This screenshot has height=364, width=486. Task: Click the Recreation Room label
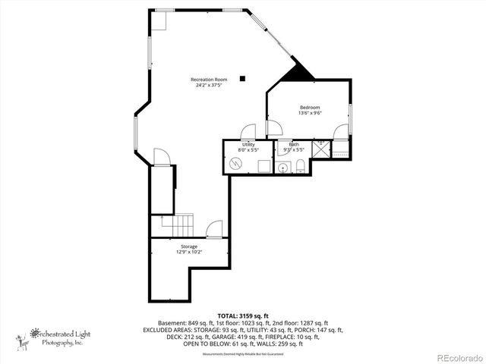click(x=209, y=80)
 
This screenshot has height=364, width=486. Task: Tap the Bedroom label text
click(x=310, y=107)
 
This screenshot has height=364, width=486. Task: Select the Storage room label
click(x=189, y=246)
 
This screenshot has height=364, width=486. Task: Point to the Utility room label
click(x=248, y=144)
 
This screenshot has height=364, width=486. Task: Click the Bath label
click(x=294, y=144)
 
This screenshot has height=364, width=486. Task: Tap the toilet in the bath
click(x=301, y=167)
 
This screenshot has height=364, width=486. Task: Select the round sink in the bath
click(x=283, y=167)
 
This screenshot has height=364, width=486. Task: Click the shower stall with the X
click(x=320, y=149)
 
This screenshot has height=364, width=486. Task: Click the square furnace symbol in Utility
click(x=263, y=167)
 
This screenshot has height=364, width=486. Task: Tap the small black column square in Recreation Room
click(x=243, y=77)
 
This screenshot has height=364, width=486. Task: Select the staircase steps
click(x=181, y=225)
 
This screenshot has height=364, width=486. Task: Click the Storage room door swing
click(x=214, y=228)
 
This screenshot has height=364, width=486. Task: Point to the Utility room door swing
click(x=248, y=130)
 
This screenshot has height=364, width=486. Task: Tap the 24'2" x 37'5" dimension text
click(x=209, y=85)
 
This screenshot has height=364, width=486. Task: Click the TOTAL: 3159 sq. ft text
click(x=243, y=315)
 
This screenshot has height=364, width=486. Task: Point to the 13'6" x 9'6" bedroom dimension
click(x=310, y=113)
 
